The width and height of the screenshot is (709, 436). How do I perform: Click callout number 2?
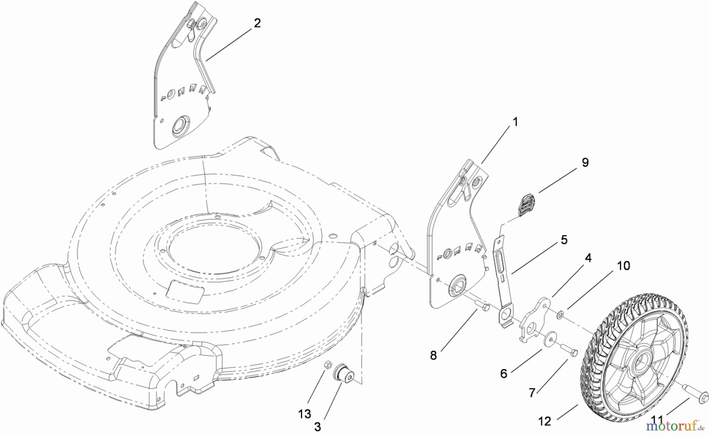pos(257,23)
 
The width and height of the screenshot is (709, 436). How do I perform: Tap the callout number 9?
pos(585,162)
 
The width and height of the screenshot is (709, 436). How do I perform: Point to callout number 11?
pos(668,421)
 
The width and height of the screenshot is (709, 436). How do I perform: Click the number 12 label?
pos(544,421)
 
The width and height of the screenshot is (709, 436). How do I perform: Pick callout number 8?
pos(433,355)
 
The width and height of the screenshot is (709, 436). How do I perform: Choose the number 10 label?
pos(624,266)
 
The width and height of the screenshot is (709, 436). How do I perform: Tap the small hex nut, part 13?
pos(326,366)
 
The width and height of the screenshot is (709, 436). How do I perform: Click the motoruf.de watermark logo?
pos(678,426)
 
